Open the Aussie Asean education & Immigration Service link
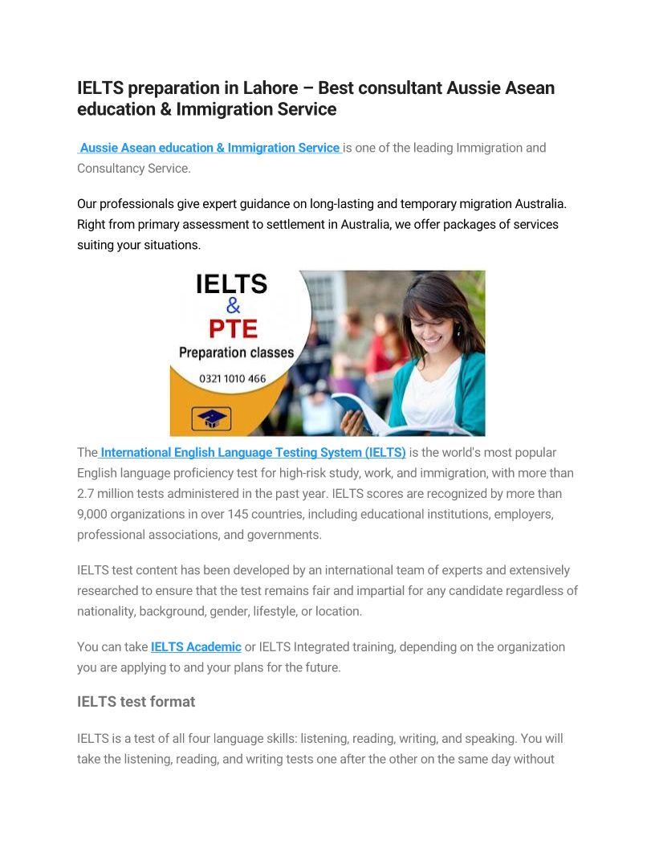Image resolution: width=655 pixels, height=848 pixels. point(210,148)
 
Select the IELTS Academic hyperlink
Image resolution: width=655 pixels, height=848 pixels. point(196,646)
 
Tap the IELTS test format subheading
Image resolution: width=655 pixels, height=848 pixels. point(136,701)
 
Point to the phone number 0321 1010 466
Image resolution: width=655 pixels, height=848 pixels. point(232,378)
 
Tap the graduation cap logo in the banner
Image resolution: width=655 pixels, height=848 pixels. point(211,418)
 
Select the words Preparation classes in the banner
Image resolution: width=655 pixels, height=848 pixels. point(236,353)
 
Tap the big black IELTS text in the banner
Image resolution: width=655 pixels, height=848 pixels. point(231,284)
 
